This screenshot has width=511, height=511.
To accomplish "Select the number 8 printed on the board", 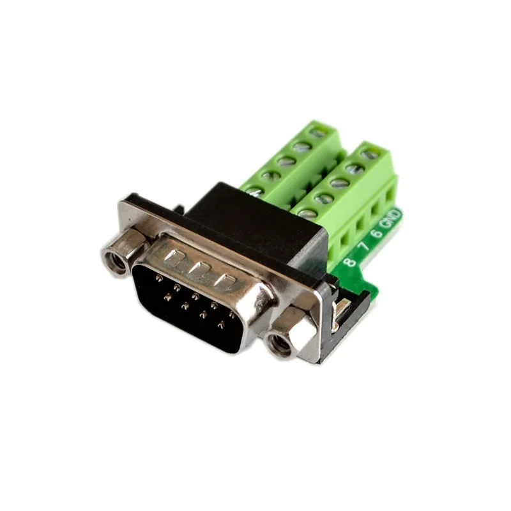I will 349,261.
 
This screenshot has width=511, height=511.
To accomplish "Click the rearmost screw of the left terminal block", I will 316,133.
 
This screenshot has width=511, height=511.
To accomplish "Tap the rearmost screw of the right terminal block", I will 368,154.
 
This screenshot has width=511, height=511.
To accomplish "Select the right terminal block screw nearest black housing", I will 307,213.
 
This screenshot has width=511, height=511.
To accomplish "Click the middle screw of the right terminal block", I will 340,183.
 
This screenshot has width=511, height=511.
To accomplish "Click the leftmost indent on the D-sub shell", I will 171,258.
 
